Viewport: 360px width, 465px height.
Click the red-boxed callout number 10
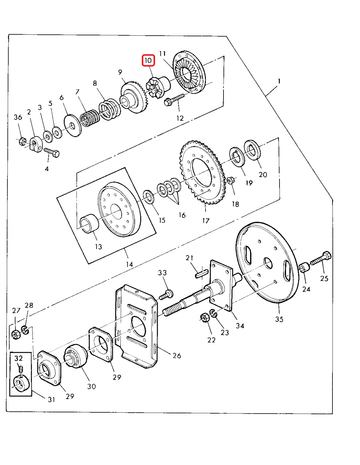pos(148,60)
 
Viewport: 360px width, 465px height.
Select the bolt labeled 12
pos(174,100)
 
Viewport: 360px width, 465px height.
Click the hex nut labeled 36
pos(22,142)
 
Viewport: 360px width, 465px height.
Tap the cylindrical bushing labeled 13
pos(89,224)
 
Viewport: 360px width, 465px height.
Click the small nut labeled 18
pos(230,180)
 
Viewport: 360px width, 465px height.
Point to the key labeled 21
pos(201,272)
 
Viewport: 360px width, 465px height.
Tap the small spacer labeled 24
pos(304,267)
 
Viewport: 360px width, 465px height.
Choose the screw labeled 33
pos(167,294)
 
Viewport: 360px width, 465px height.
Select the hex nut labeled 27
pos(16,335)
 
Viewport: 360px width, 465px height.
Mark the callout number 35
pos(279,319)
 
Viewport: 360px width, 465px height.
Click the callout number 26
pos(177,356)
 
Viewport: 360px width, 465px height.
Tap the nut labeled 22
pos(204,318)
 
